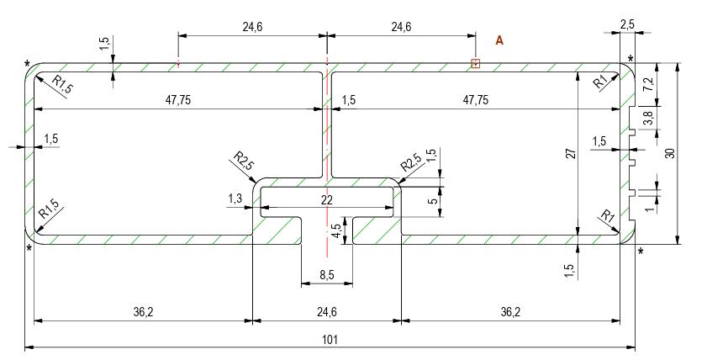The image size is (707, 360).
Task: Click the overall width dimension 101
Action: click(330, 340)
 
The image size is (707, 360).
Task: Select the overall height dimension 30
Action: click(671, 153)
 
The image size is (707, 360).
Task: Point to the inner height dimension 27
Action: click(571, 153)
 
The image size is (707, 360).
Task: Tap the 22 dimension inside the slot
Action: click(326, 200)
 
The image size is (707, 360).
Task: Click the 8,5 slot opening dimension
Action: click(326, 275)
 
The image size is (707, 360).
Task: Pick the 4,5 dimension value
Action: click(336, 230)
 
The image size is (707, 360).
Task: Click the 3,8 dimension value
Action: click(647, 119)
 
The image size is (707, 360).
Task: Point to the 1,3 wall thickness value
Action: click(235, 198)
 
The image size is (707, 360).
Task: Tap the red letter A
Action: click(499, 40)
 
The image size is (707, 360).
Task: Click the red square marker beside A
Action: click(475, 64)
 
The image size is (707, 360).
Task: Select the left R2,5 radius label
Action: click(244, 161)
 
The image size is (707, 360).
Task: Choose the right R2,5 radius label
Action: click(411, 162)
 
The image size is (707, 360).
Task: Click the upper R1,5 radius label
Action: click(61, 84)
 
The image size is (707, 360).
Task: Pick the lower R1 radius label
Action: click(606, 215)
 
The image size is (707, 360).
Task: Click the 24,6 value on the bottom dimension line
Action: click(326, 312)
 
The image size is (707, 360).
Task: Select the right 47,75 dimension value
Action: click(475, 100)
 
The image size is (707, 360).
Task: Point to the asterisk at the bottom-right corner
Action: click(641, 251)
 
